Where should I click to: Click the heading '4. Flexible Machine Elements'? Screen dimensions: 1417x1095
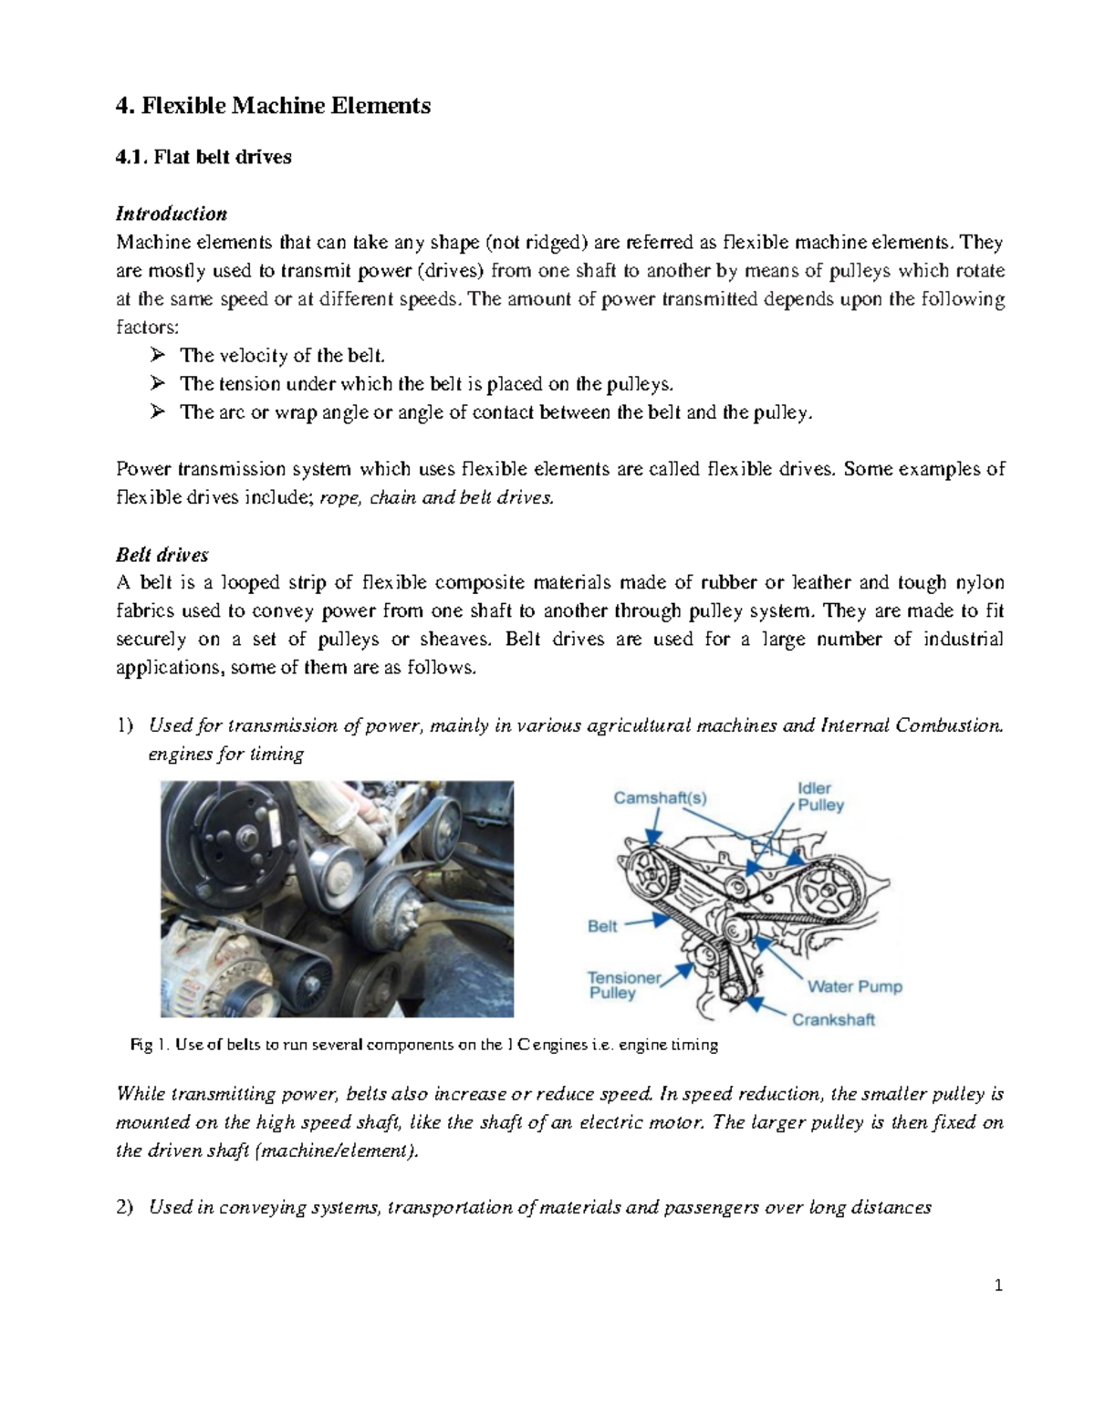click(273, 106)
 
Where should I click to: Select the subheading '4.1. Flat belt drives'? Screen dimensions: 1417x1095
click(203, 157)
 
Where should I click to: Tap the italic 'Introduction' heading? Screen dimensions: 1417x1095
click(171, 214)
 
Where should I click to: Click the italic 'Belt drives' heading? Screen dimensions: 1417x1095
click(162, 555)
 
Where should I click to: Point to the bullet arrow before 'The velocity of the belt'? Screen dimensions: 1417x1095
click(158, 355)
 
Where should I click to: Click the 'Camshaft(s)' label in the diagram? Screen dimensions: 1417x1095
click(659, 797)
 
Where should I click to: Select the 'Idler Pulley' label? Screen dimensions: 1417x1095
click(820, 797)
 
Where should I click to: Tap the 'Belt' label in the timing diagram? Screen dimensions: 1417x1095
click(602, 926)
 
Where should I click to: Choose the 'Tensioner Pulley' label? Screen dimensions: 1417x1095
click(623, 985)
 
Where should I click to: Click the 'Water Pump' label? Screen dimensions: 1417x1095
click(854, 986)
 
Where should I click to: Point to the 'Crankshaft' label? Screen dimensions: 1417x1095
click(832, 1019)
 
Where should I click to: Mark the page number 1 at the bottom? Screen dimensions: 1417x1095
click(998, 1286)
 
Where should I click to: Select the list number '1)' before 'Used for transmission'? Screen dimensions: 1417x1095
click(125, 726)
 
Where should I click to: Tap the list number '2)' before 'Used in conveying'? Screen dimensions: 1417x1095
click(125, 1208)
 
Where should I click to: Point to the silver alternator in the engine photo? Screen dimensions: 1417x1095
click(201, 967)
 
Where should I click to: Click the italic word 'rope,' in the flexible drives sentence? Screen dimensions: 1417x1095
click(338, 498)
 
